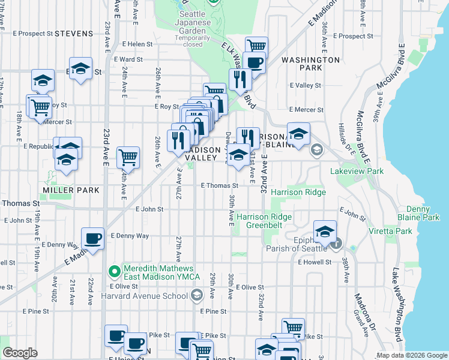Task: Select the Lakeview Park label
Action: pos(357,171)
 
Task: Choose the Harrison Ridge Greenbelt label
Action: pos(264,221)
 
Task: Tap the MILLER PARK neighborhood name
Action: pos(71,190)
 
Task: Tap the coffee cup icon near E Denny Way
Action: pos(93,239)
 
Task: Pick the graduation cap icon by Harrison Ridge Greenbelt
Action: pos(325,232)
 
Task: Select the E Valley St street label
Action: pos(305,86)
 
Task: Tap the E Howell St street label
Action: pos(315,262)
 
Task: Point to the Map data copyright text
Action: pos(412,355)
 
